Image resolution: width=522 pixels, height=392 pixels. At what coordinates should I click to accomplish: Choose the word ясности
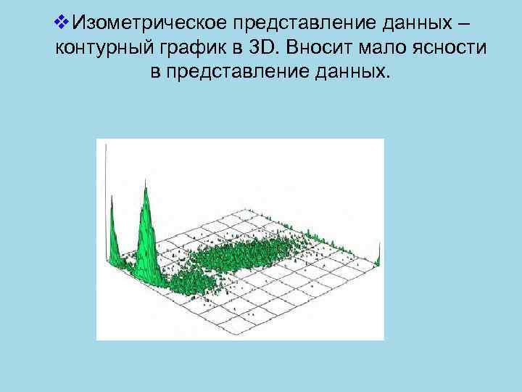[450, 48]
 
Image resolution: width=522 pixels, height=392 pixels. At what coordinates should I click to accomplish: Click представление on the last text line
[243, 73]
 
